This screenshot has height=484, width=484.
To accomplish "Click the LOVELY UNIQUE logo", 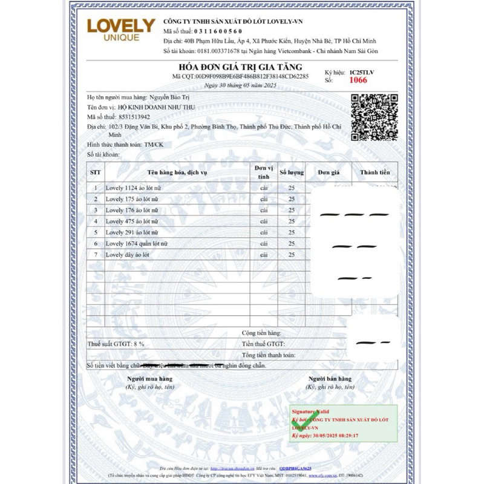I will [x=121, y=29].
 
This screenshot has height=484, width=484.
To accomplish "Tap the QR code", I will [x=371, y=116].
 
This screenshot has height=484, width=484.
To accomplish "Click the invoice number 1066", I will [x=358, y=80].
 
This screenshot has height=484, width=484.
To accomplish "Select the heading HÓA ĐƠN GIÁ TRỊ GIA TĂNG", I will [x=240, y=67].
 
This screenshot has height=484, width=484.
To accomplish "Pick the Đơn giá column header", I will [x=329, y=172].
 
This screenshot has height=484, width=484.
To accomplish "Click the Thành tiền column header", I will [x=375, y=172].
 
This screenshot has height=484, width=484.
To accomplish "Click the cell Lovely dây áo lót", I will [x=127, y=255].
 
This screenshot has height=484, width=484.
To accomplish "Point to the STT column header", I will [x=95, y=172].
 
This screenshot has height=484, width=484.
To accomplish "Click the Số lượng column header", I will [x=292, y=172].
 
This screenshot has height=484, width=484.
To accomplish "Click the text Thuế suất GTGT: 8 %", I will [x=116, y=344].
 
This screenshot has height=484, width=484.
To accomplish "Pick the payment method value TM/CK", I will [x=154, y=145].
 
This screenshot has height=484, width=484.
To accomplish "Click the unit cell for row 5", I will [x=263, y=232].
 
